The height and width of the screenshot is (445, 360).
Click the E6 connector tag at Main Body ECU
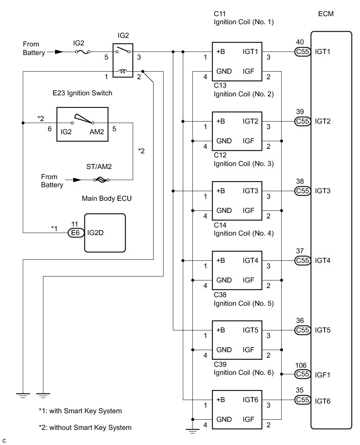[75, 233]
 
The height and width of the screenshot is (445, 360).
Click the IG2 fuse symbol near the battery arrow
[82, 51]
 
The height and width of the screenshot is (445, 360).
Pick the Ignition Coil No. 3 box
[236, 201]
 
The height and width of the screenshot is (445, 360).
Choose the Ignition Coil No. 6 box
[236, 410]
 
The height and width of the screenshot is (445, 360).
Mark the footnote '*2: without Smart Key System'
[85, 427]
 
